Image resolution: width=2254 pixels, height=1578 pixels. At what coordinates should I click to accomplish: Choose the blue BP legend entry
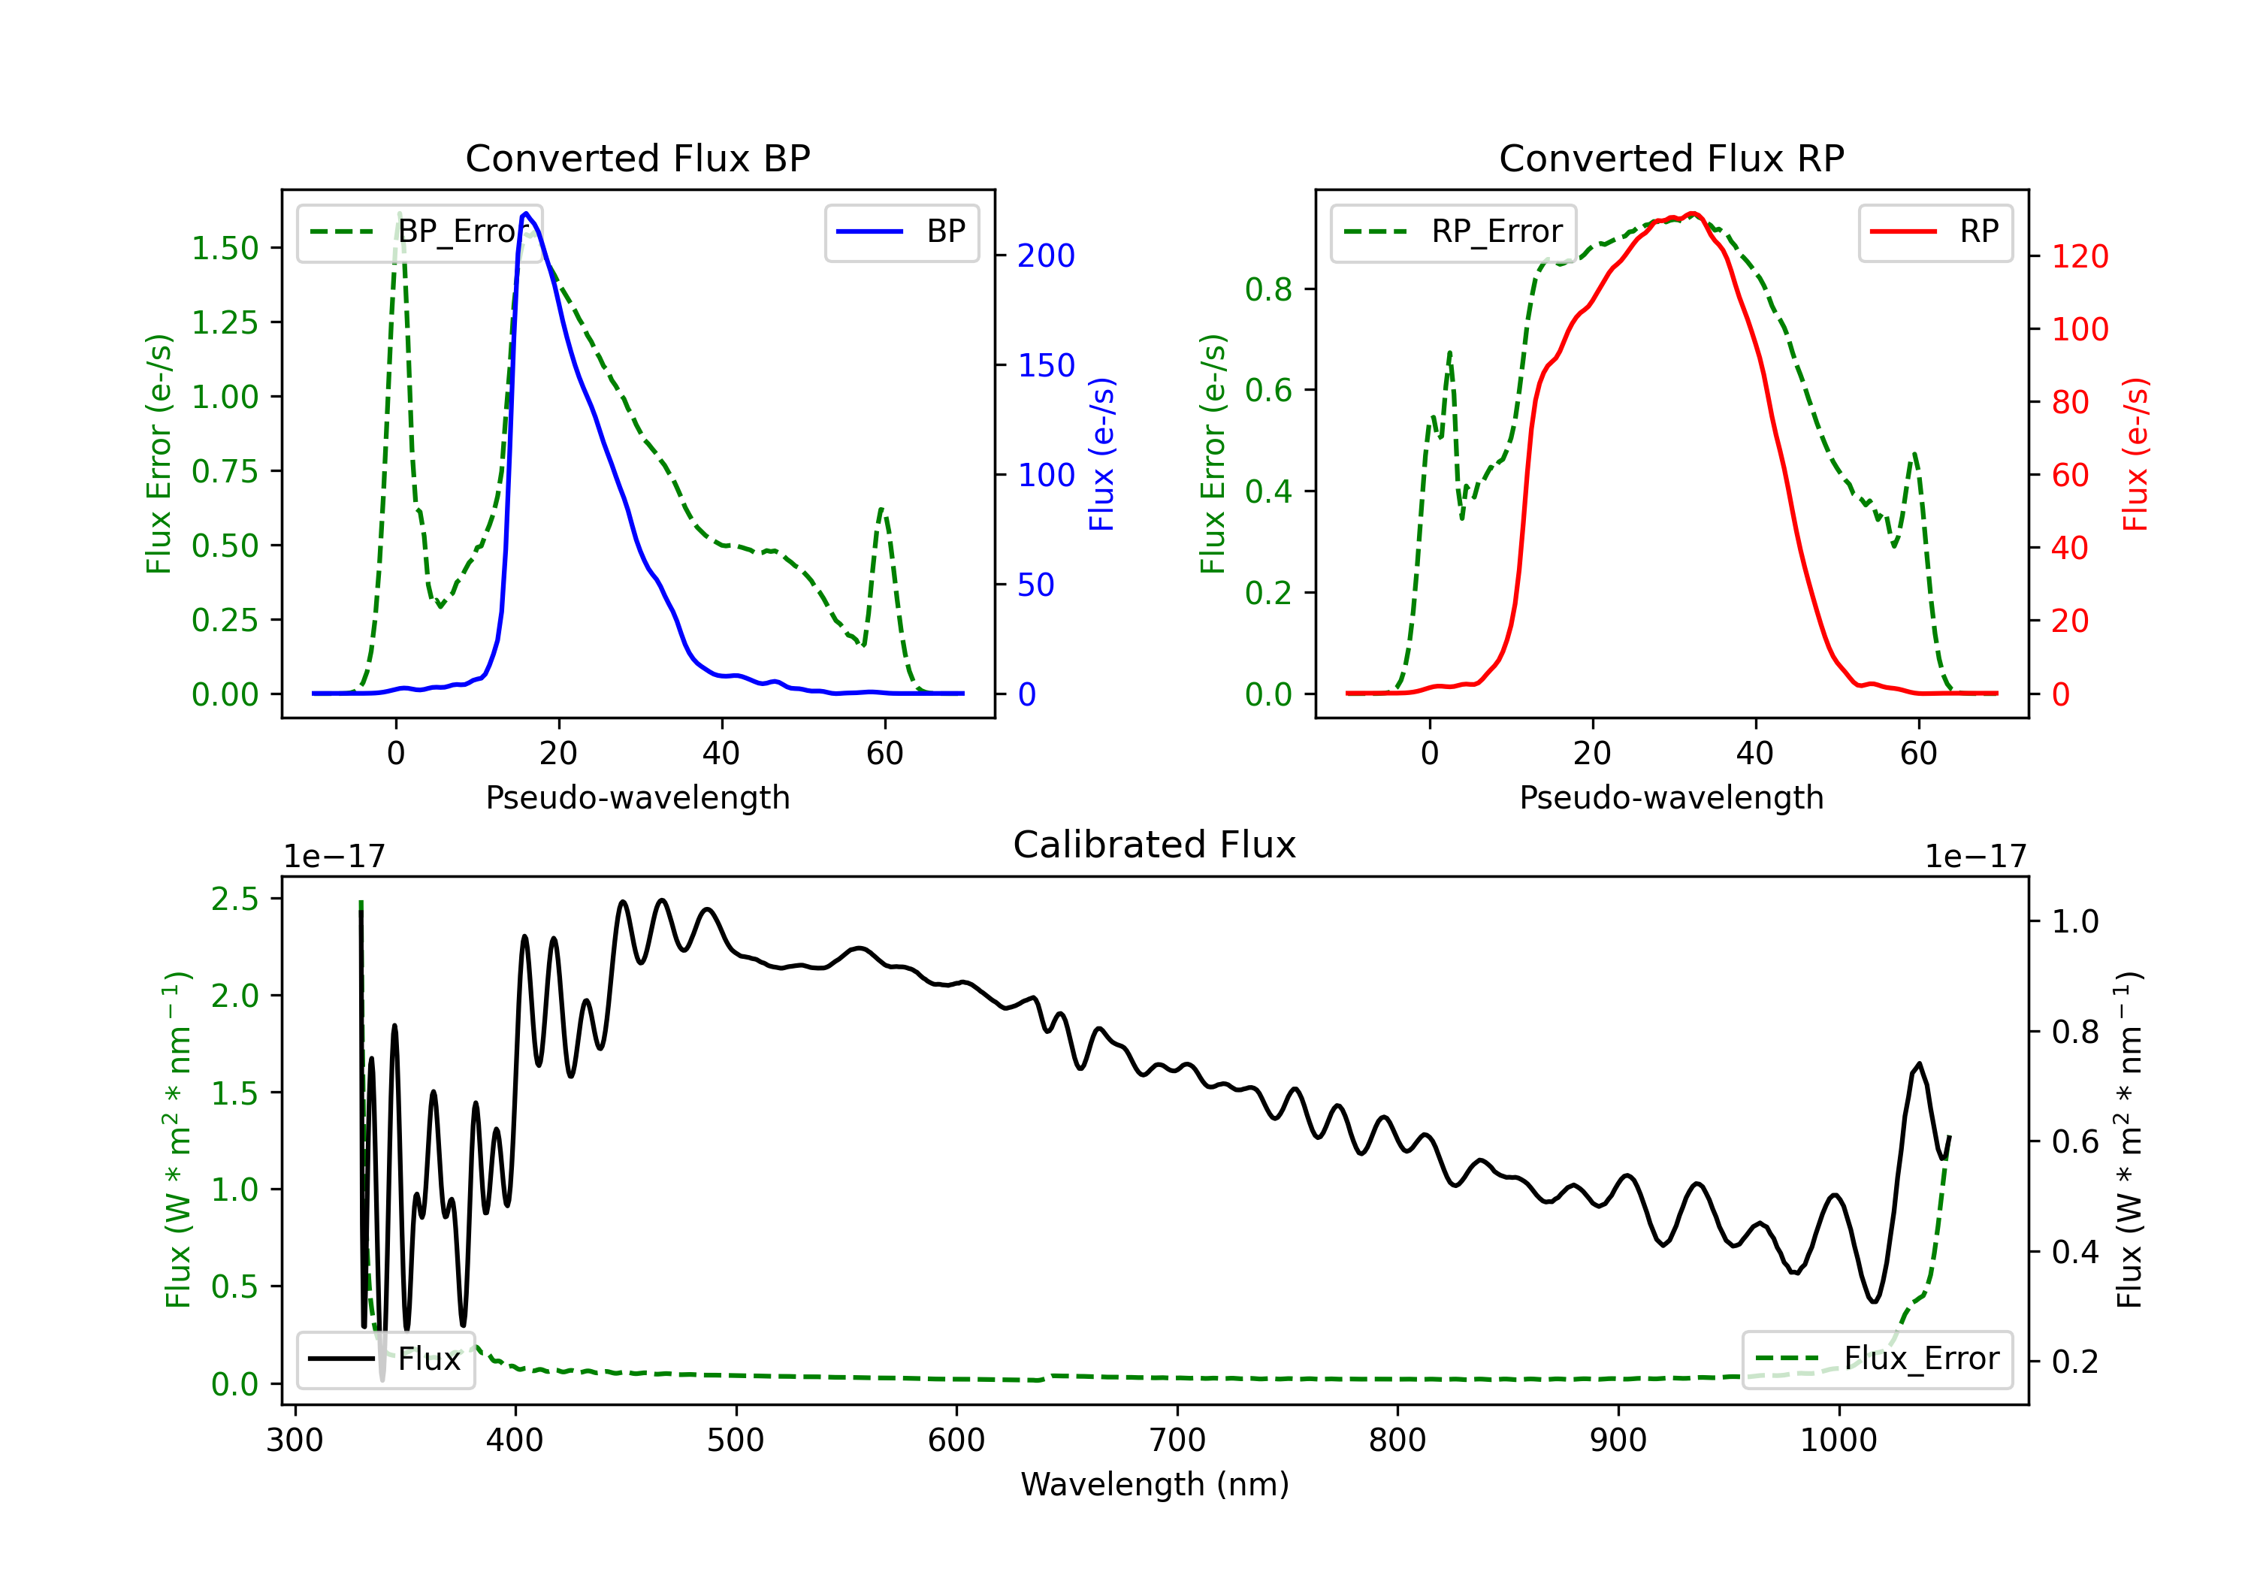coord(901,231)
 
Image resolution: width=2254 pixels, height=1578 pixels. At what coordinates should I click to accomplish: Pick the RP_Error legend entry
coord(1453,231)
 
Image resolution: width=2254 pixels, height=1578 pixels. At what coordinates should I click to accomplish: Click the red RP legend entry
coord(1935,231)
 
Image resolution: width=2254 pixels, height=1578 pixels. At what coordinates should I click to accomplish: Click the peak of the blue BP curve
coord(526,213)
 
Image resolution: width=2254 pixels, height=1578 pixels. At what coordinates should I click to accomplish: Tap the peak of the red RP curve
coord(1693,213)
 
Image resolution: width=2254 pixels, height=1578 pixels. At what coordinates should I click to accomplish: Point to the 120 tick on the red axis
coord(2079,257)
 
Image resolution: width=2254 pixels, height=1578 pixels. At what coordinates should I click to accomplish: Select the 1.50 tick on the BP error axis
coord(225,249)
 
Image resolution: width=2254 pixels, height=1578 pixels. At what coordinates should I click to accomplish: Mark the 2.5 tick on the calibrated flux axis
coord(234,899)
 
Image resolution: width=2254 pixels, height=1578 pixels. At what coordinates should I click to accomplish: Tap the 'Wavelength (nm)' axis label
coord(1155,1485)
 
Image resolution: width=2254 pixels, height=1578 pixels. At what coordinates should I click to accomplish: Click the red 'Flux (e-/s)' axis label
coord(2136,454)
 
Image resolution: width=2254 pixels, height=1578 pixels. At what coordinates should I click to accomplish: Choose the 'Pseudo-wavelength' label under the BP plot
coord(637,798)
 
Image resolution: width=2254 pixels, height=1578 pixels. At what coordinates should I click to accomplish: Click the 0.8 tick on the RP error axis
coord(1267,290)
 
